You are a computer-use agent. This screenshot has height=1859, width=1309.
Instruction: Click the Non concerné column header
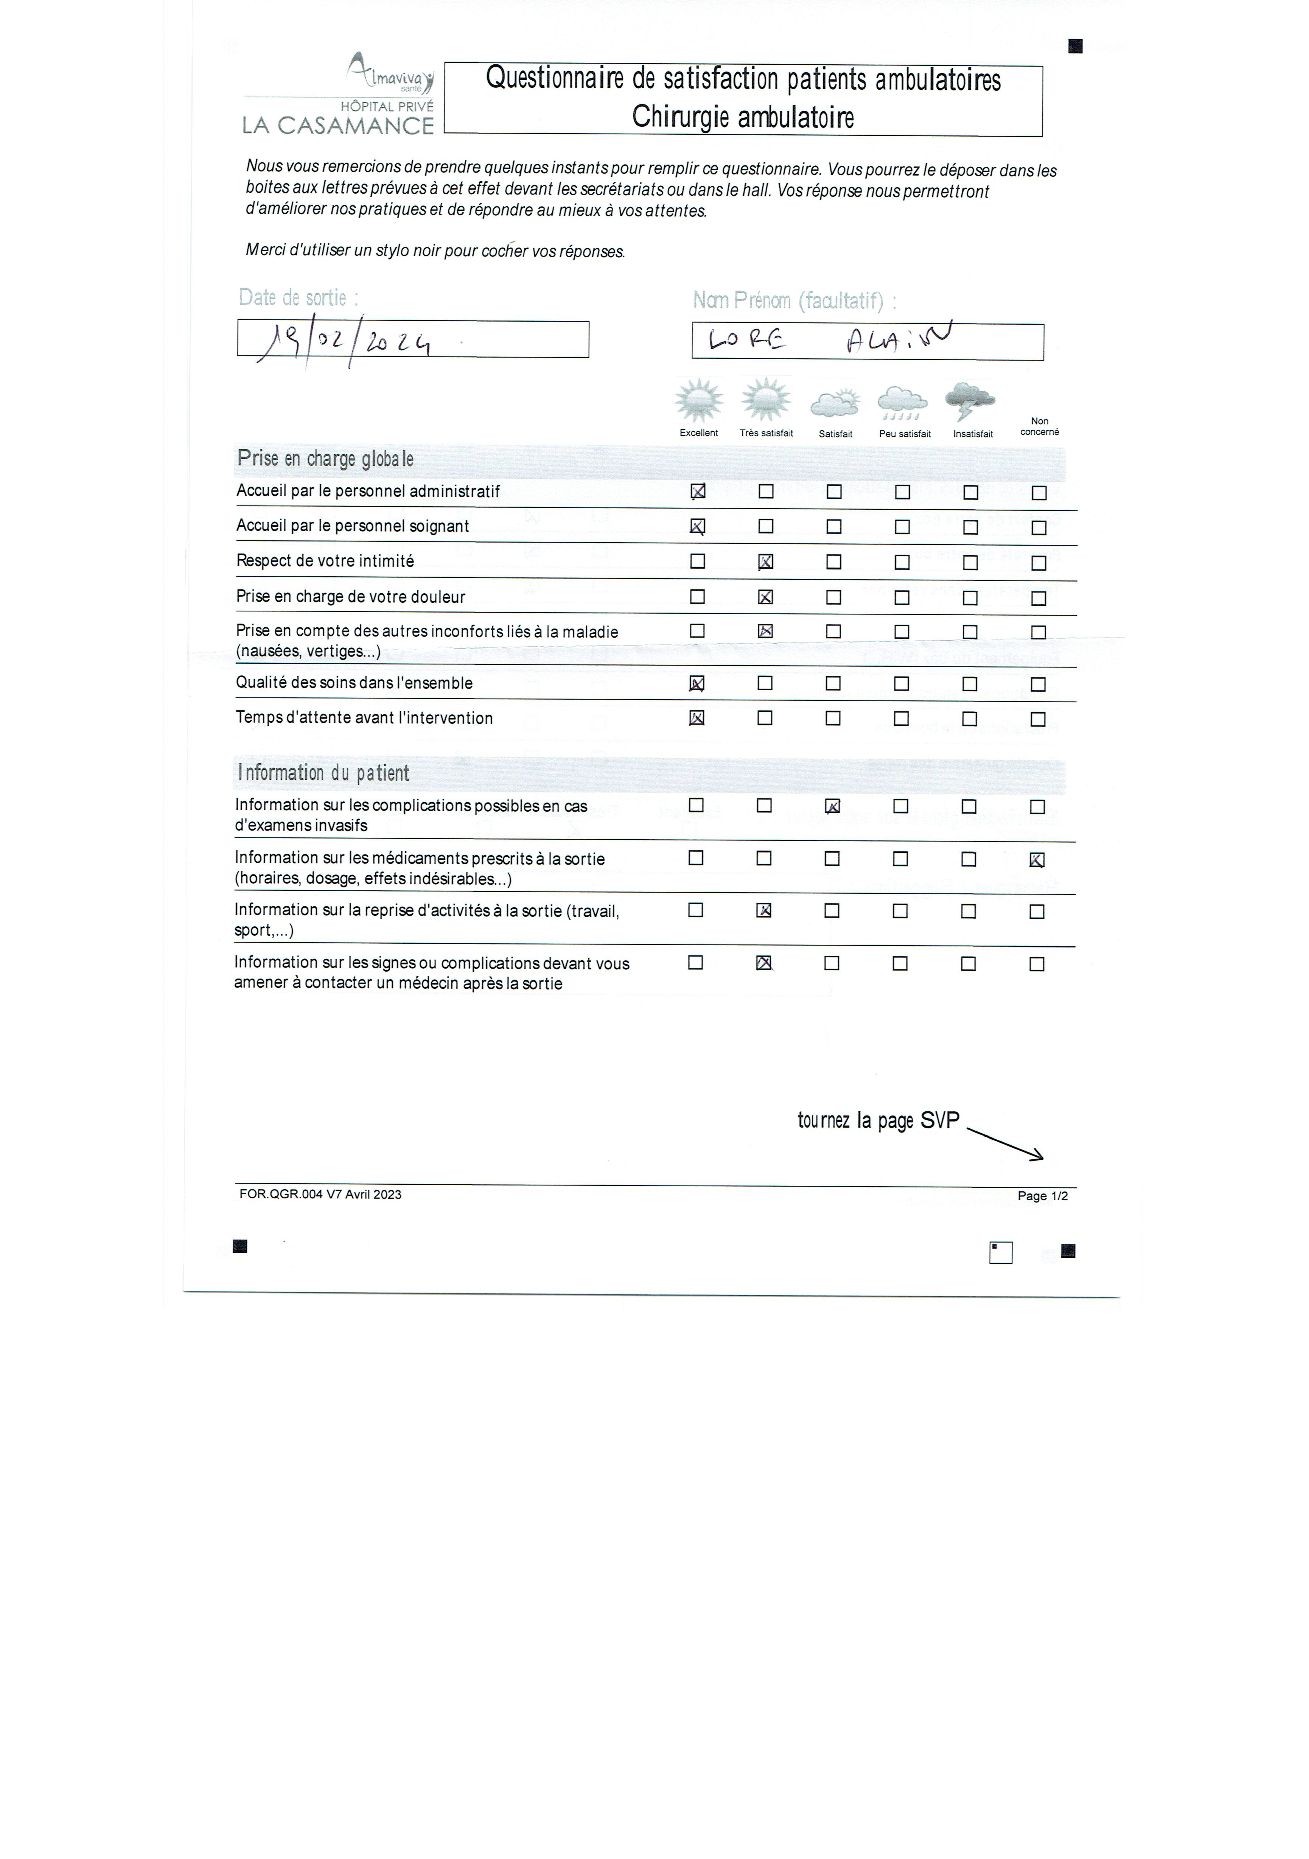1039,427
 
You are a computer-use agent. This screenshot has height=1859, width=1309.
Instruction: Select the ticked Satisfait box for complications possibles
832,806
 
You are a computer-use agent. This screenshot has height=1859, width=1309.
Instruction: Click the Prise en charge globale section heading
325,459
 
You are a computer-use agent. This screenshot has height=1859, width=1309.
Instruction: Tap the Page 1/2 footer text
1043,1196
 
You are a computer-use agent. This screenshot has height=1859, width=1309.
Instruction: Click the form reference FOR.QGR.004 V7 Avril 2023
320,1194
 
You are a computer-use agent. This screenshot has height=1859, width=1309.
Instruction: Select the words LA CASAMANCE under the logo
338,126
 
